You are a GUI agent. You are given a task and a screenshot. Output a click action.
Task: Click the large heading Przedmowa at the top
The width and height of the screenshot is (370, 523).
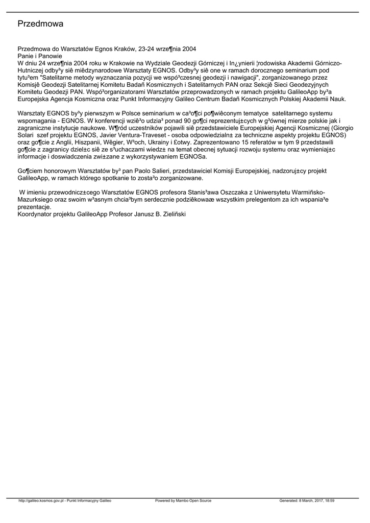40,23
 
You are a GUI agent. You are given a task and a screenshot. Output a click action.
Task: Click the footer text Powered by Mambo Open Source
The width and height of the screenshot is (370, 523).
183,501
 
